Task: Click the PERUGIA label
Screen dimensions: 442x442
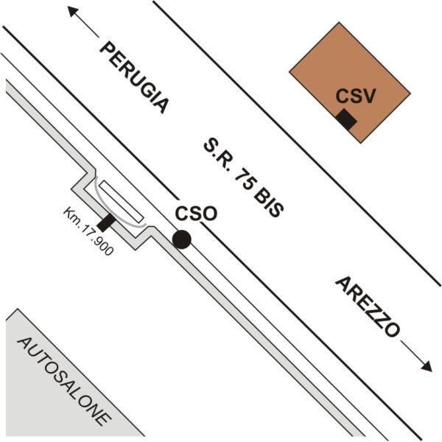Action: (x=135, y=77)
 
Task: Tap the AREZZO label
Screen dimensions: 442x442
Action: (x=368, y=307)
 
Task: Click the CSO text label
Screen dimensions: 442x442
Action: (x=196, y=214)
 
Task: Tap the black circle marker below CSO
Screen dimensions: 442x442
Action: (x=182, y=239)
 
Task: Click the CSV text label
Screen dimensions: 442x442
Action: (x=356, y=96)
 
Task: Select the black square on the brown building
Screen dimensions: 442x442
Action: (x=346, y=119)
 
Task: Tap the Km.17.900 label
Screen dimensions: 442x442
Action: (x=88, y=231)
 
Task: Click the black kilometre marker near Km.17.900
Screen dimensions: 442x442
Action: (x=106, y=222)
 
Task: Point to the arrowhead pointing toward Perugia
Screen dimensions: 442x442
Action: (x=73, y=12)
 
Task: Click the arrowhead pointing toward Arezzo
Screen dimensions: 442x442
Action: (x=427, y=366)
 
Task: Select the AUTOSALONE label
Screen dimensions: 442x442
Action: (x=64, y=382)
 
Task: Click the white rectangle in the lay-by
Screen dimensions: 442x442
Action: (x=122, y=201)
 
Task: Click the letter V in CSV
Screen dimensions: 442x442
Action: (x=369, y=96)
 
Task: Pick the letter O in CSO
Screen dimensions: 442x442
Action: (x=210, y=214)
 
